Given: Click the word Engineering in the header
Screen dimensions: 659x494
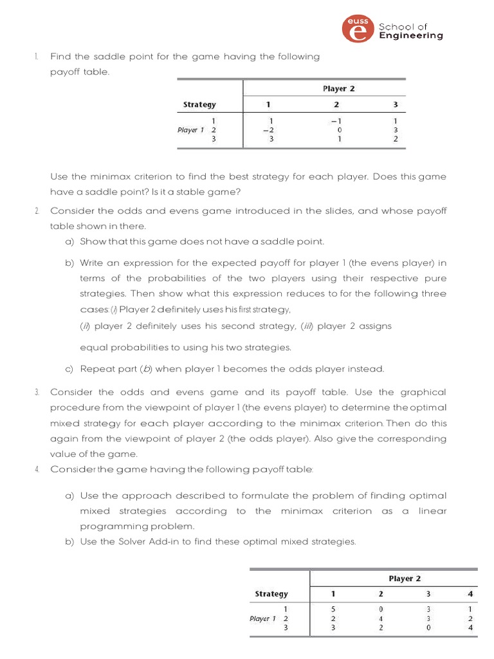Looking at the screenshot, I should (411, 36).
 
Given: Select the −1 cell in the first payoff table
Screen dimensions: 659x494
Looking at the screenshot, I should (336, 120).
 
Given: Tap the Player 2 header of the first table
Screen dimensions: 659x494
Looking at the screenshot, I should (338, 89).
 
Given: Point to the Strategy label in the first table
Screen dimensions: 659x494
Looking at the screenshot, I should (199, 104).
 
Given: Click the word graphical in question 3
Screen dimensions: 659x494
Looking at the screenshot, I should (420, 392).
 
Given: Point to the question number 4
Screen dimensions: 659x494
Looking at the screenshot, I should (37, 469).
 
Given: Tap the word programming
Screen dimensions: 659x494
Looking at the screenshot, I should (110, 526).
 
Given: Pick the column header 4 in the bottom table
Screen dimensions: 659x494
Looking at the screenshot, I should (471, 593).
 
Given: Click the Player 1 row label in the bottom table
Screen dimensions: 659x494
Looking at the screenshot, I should (262, 618).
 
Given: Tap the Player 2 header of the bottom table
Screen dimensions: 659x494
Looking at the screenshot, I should (405, 579).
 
